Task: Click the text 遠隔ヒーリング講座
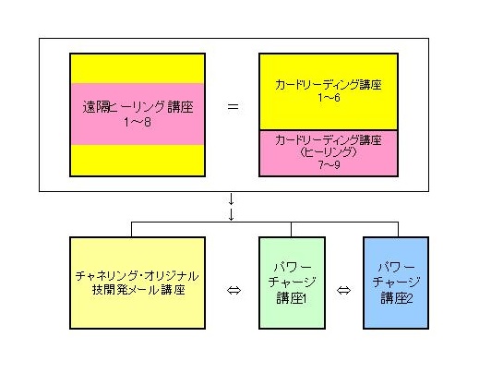(138, 107)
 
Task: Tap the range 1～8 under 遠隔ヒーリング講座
(138, 122)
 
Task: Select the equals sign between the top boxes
(233, 106)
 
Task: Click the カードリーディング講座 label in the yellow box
(329, 85)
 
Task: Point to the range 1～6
(329, 98)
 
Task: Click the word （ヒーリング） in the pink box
(329, 151)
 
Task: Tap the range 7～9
(329, 164)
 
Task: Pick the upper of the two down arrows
(231, 199)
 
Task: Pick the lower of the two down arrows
(231, 214)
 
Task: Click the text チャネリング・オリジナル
(138, 276)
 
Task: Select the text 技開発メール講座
(138, 290)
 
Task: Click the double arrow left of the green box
(234, 290)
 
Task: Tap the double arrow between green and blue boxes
(343, 290)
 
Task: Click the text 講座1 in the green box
(292, 298)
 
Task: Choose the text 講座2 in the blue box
(397, 298)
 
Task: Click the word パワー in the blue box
(397, 267)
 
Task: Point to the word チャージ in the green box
(292, 283)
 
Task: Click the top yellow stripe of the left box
(138, 68)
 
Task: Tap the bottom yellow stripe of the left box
(138, 160)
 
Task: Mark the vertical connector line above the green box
(292, 229)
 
